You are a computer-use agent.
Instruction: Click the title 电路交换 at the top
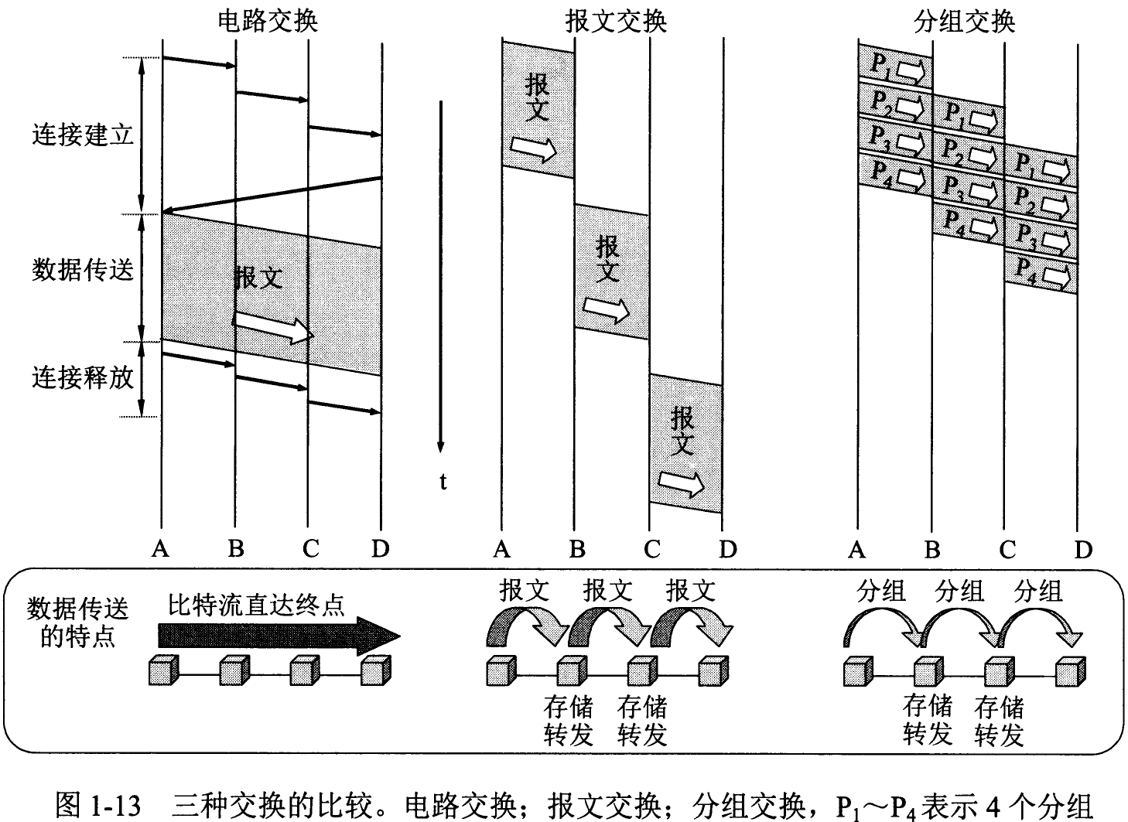click(267, 21)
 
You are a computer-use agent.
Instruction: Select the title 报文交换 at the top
click(616, 21)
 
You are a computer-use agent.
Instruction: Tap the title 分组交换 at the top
click(964, 21)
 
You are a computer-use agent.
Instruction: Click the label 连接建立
click(83, 135)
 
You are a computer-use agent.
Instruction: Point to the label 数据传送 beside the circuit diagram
click(83, 270)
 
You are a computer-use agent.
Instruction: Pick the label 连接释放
click(83, 377)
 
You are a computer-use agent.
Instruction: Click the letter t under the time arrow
click(443, 483)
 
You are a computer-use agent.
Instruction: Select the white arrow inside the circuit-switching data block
click(272, 326)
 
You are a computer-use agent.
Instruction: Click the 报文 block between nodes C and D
click(685, 442)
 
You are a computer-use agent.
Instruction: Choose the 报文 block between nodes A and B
click(538, 108)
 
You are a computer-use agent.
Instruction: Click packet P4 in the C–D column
click(1041, 272)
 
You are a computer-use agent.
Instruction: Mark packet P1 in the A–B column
click(895, 65)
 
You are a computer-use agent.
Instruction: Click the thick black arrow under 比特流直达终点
click(279, 636)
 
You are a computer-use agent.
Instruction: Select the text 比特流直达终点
click(257, 603)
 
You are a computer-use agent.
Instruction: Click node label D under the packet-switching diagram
click(1082, 549)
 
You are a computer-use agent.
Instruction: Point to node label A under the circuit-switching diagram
click(160, 549)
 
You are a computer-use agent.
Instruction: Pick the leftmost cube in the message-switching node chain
click(500, 670)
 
